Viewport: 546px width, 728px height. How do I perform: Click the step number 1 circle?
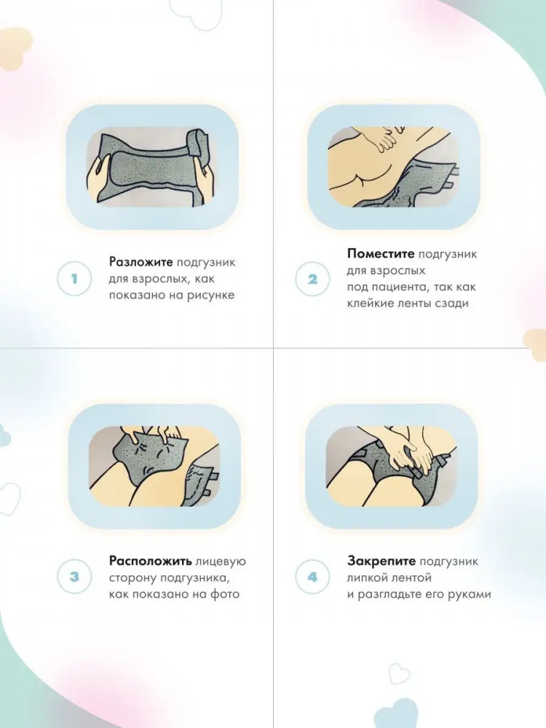click(x=74, y=279)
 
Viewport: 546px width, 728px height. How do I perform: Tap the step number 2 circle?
click(x=312, y=279)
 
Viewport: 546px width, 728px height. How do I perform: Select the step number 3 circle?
click(x=74, y=577)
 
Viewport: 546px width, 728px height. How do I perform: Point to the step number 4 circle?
click(x=312, y=577)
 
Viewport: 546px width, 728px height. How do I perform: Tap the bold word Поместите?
click(x=380, y=254)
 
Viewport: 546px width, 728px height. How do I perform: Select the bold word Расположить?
click(x=151, y=561)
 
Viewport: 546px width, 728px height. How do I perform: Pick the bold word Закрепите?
click(x=381, y=561)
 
